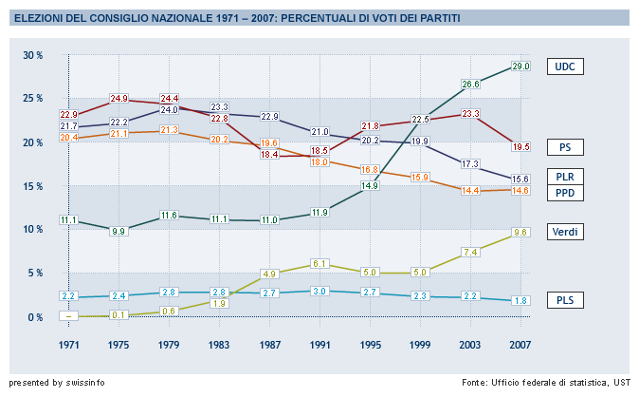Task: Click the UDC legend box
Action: (x=566, y=66)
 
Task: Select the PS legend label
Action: (x=566, y=147)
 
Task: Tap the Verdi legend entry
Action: (x=566, y=232)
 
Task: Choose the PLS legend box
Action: (x=566, y=301)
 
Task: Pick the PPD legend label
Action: (x=566, y=194)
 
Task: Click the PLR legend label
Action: (x=566, y=177)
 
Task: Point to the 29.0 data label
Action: (x=520, y=66)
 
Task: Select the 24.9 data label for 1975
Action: (x=119, y=98)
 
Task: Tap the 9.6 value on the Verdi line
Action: (x=520, y=232)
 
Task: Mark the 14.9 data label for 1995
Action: (x=370, y=185)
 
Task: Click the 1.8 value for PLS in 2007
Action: (x=520, y=301)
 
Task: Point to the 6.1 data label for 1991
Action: (x=319, y=263)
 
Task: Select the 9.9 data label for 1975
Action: (x=119, y=231)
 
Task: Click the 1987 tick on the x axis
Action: (x=269, y=344)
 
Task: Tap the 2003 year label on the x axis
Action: (x=470, y=344)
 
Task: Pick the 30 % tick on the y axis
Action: (x=33, y=55)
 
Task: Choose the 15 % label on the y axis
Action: (x=33, y=185)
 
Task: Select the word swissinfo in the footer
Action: (x=85, y=383)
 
